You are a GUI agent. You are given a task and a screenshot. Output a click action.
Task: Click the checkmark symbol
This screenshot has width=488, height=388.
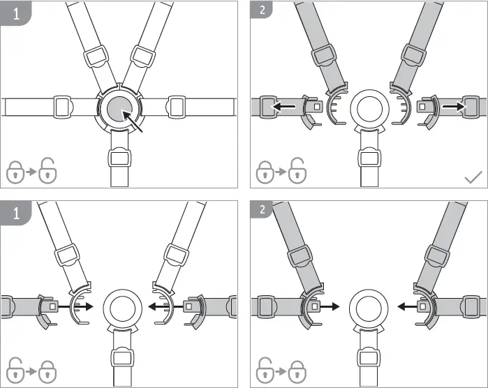(x=473, y=177)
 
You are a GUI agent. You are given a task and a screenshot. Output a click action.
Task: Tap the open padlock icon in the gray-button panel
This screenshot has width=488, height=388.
(x=46, y=171)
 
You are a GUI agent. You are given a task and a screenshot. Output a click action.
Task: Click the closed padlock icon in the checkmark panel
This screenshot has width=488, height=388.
(x=264, y=171)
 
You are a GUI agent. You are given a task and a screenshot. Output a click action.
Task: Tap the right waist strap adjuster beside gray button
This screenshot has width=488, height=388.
(x=176, y=107)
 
